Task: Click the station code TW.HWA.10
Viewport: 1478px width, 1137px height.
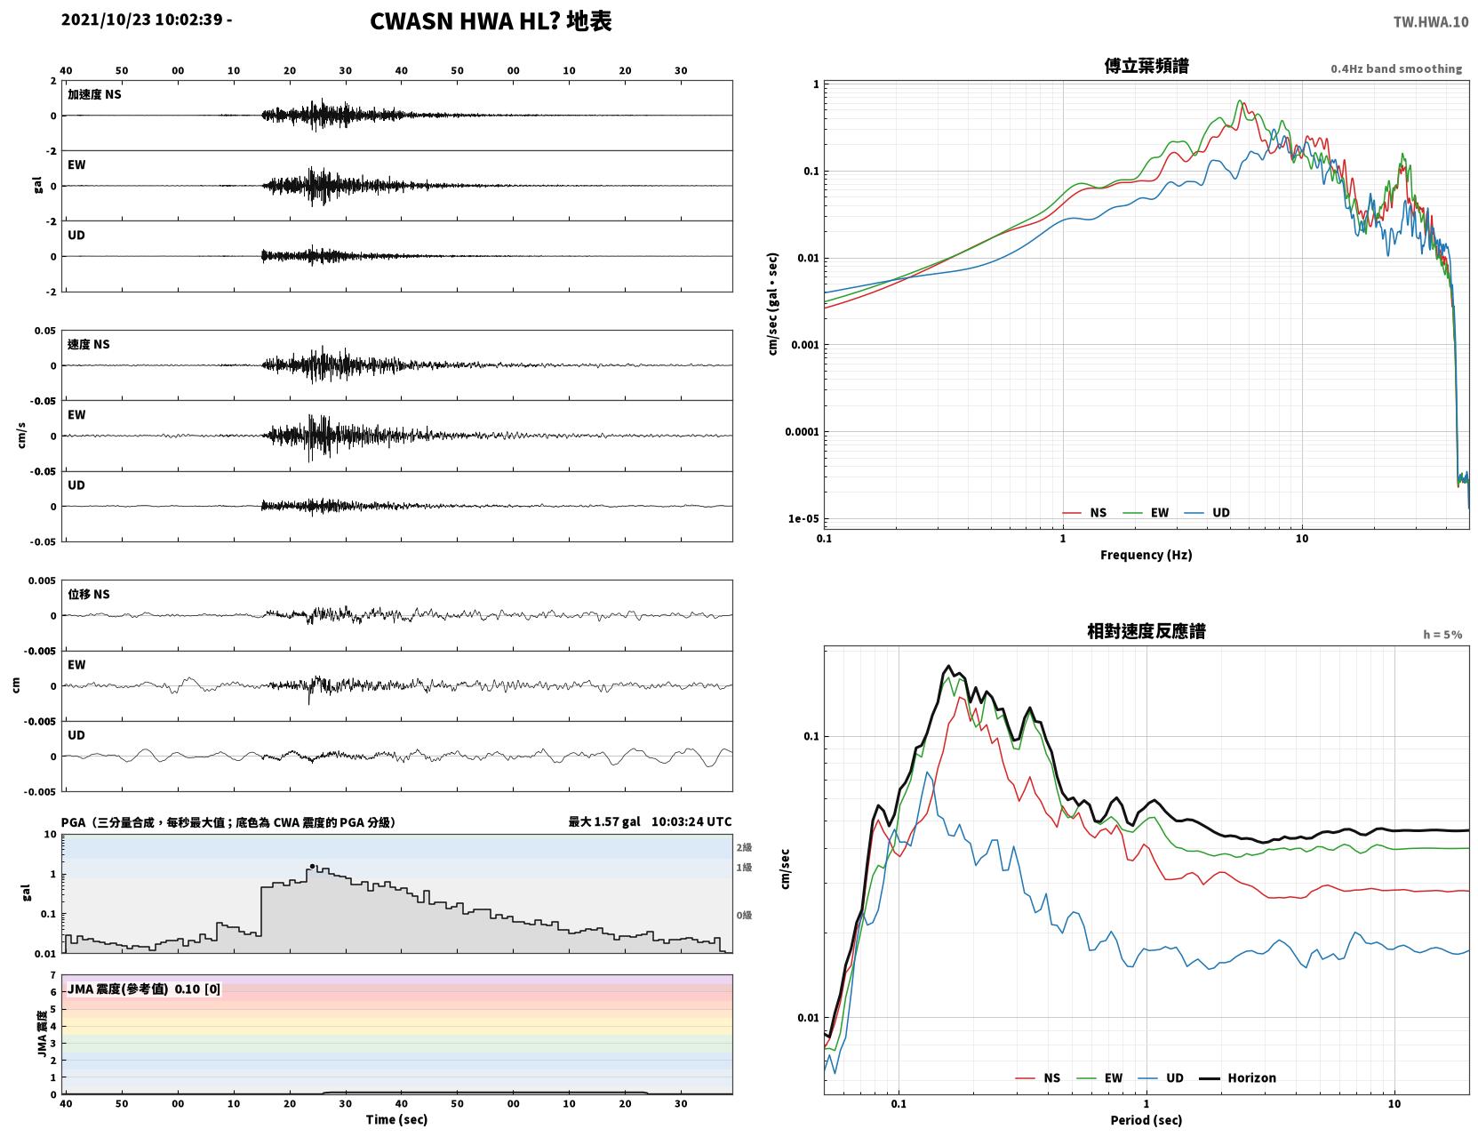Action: (1430, 22)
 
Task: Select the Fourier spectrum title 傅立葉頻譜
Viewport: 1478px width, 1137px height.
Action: (1146, 66)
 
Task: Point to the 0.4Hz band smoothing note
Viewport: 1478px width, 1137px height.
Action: (1395, 68)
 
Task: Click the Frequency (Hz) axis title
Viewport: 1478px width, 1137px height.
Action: (1146, 555)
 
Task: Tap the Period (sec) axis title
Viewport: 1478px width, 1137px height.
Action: (1146, 1120)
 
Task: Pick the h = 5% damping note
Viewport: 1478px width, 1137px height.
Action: (1442, 635)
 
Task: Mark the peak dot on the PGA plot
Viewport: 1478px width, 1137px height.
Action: (312, 867)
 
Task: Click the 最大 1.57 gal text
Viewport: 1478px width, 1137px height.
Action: (604, 821)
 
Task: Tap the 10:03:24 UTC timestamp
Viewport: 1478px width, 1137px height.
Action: (691, 821)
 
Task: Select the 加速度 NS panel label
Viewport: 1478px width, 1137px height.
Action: (94, 94)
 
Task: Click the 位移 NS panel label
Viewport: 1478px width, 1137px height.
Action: (88, 595)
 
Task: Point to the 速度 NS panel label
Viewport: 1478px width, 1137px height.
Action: (88, 345)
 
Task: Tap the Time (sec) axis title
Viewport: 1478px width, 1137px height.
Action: (396, 1119)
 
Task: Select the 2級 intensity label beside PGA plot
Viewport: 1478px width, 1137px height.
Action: (744, 847)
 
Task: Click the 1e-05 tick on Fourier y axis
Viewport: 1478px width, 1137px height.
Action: (803, 519)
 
